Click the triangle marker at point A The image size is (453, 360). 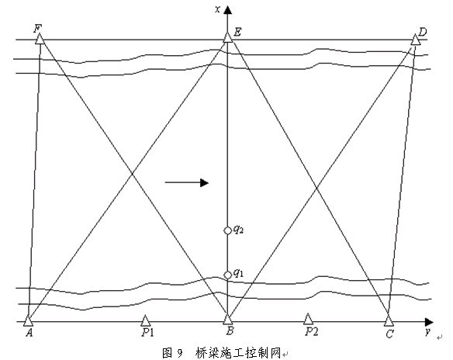[x=28, y=320]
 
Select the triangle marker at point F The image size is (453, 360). [x=40, y=39]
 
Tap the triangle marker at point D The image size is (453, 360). [x=416, y=40]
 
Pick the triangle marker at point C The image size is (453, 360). [x=389, y=320]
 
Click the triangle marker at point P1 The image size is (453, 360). [x=145, y=320]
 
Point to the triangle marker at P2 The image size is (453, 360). [x=308, y=319]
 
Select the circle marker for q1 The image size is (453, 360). [x=227, y=275]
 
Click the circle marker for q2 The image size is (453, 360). [x=227, y=230]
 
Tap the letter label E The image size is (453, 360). [x=237, y=32]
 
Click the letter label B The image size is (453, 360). [x=230, y=331]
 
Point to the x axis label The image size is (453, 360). [x=217, y=9]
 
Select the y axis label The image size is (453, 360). [x=427, y=331]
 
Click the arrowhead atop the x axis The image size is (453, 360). [x=227, y=10]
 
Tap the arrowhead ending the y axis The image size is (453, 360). [x=429, y=322]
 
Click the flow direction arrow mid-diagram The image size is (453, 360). [x=187, y=182]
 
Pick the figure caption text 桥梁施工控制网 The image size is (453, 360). [x=238, y=353]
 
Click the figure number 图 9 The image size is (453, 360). [x=172, y=353]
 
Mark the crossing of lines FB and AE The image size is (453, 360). [x=132, y=174]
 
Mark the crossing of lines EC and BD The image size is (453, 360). [x=316, y=188]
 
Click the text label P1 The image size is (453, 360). [x=147, y=333]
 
